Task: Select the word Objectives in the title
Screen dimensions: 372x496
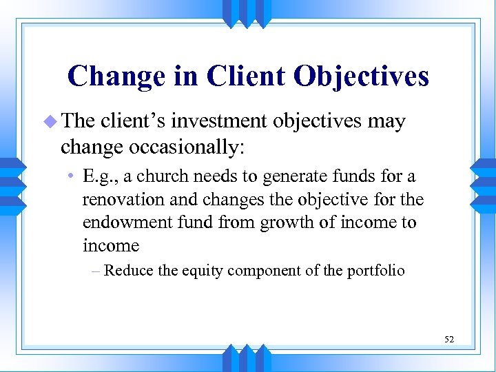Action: pyautogui.click(x=362, y=76)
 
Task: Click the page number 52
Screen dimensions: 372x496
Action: pyautogui.click(x=449, y=339)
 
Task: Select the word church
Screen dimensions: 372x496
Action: pyautogui.click(x=158, y=176)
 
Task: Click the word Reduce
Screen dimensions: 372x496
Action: pyautogui.click(x=128, y=270)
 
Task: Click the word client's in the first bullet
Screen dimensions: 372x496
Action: pyautogui.click(x=132, y=122)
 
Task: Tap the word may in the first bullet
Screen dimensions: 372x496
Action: pyautogui.click(x=386, y=123)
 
